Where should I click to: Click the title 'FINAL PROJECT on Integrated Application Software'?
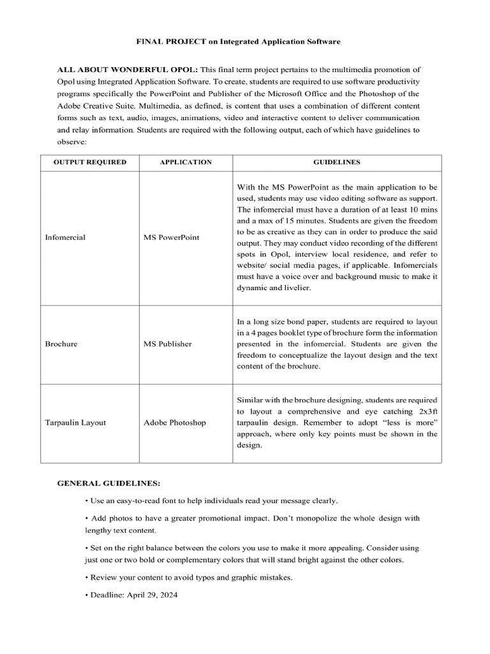point(239,41)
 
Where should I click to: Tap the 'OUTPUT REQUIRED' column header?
point(90,162)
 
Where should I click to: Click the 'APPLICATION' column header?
point(186,162)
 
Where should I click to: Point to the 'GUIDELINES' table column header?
point(336,162)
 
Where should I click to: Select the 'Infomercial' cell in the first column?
point(65,237)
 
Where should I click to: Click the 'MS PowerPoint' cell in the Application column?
point(172,237)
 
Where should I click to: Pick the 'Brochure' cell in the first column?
point(61,344)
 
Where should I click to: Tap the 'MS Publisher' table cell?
point(168,344)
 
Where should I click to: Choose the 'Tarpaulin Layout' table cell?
point(75,422)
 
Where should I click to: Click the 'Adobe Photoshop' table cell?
point(175,422)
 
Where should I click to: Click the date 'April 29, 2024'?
point(151,595)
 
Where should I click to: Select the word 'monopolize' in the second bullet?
point(313,518)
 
